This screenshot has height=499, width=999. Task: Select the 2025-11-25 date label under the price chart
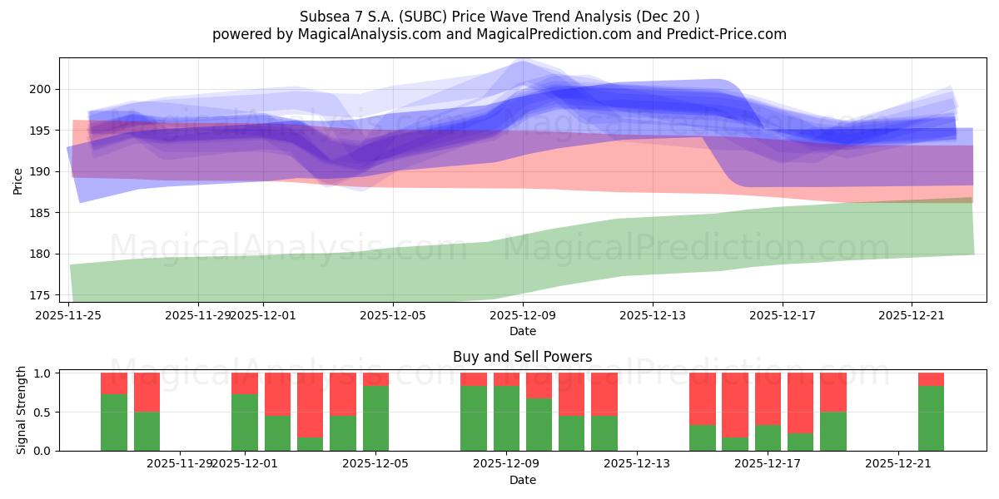click(68, 315)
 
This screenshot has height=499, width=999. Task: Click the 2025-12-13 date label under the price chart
click(652, 315)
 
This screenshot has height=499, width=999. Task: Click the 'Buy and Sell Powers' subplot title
click(522, 357)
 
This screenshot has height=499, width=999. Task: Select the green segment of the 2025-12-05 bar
click(375, 417)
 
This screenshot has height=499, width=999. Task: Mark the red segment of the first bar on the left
click(114, 383)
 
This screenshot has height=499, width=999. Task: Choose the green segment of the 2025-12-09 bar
click(506, 417)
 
